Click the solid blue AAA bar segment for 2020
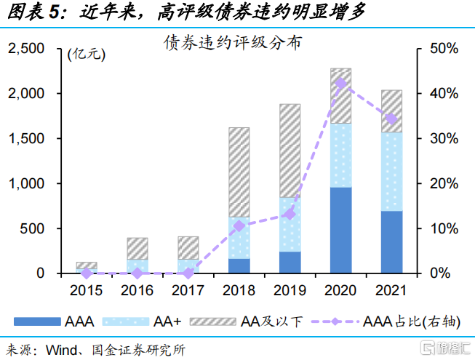pyautogui.click(x=340, y=230)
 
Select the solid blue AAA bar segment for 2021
pyautogui.click(x=391, y=241)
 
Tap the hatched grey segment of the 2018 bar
pyautogui.click(x=239, y=172)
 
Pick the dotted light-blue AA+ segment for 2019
pyautogui.click(x=290, y=224)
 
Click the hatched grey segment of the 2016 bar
pyautogui.click(x=137, y=248)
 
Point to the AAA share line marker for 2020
pyautogui.click(x=340, y=83)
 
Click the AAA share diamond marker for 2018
pyautogui.click(x=239, y=226)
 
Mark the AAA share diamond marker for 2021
pyautogui.click(x=391, y=119)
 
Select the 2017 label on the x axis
pyautogui.click(x=188, y=289)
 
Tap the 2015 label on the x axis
pyautogui.click(x=87, y=289)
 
